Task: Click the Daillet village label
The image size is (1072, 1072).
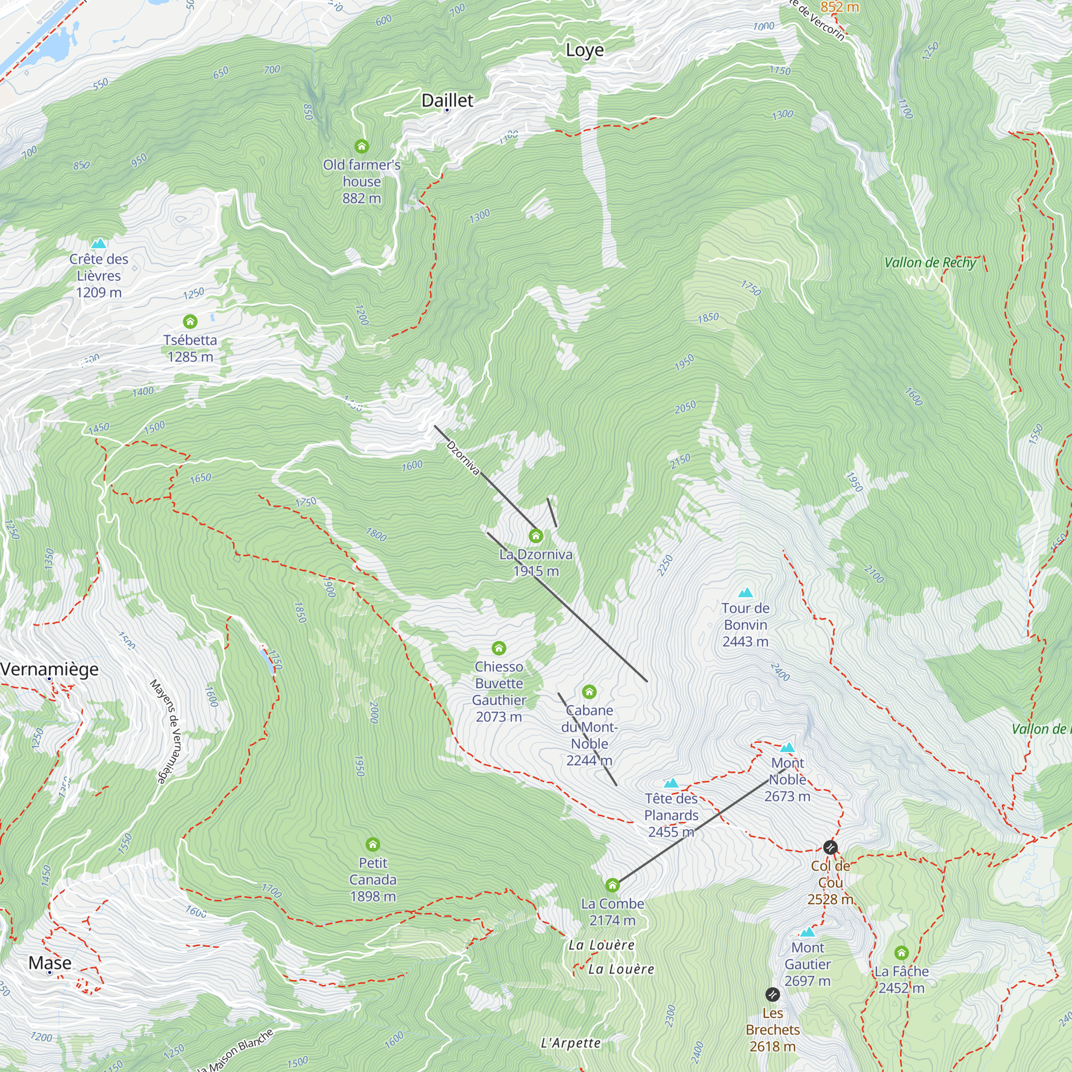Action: pos(447,100)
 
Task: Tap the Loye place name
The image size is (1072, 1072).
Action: pos(584,50)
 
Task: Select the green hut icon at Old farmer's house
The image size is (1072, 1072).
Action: pos(362,146)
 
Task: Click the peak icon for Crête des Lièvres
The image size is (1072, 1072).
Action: pos(99,243)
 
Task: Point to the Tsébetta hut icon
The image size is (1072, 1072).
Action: pos(190,321)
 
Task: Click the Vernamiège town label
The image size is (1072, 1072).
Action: pos(50,669)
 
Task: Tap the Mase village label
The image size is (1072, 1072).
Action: pos(50,963)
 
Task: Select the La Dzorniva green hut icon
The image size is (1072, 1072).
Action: pos(535,535)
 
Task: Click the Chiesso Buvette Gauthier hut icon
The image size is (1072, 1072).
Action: pos(499,648)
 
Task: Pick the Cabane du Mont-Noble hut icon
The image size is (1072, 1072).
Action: pos(589,692)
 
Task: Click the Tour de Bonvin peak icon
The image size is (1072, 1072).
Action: pos(745,593)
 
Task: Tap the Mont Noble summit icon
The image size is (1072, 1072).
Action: pos(787,747)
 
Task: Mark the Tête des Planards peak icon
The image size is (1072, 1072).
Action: pos(672,783)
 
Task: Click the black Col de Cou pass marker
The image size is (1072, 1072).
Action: pos(830,847)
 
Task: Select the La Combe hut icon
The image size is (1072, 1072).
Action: pos(612,885)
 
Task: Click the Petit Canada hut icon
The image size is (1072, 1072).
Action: pos(373,845)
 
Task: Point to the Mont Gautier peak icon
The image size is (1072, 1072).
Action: pos(807,932)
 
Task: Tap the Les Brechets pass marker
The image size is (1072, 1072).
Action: pos(772,994)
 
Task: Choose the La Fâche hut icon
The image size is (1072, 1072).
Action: pos(902,952)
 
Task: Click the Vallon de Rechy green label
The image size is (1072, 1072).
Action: pos(930,263)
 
